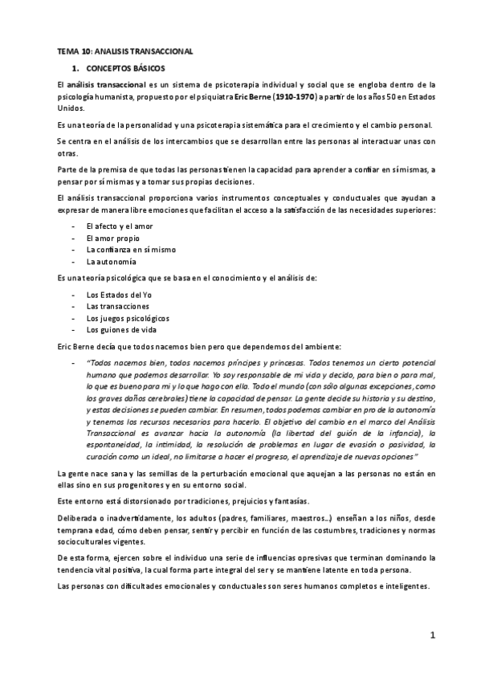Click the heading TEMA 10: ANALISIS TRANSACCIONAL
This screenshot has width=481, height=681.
click(x=124, y=51)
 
